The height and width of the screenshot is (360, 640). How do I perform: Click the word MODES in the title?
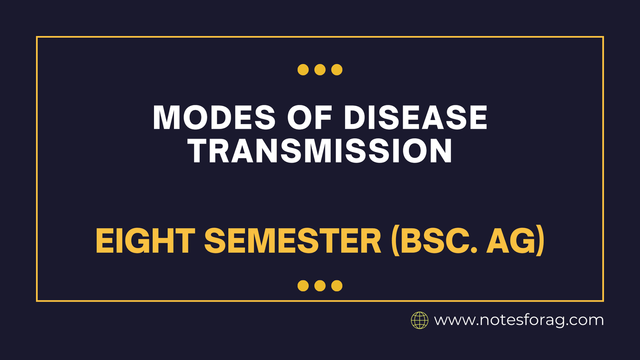coord(214,118)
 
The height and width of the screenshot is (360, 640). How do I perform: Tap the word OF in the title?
coord(310,118)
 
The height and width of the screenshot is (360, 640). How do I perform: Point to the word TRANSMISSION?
coord(320,151)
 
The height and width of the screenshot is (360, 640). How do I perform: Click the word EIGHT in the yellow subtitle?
coord(145,241)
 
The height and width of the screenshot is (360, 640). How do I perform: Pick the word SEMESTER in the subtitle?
coord(293,241)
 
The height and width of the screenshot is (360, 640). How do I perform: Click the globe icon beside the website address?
coord(420,320)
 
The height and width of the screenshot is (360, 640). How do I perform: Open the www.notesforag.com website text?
coord(519,320)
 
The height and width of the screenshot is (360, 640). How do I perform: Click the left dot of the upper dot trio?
coord(303,70)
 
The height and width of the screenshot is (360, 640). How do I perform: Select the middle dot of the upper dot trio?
coord(320,70)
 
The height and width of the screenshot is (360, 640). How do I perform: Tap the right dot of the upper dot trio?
coord(337,70)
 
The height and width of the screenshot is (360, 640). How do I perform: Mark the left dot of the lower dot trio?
coord(303,286)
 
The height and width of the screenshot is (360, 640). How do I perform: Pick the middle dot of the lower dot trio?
coord(320,286)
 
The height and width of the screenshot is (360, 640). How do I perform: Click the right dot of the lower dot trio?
coord(337,286)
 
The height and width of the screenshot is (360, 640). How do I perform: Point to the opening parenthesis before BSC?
coord(395,241)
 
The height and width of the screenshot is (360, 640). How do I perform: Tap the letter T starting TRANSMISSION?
coord(199,151)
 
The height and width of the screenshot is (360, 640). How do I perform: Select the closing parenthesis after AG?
coord(540,241)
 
